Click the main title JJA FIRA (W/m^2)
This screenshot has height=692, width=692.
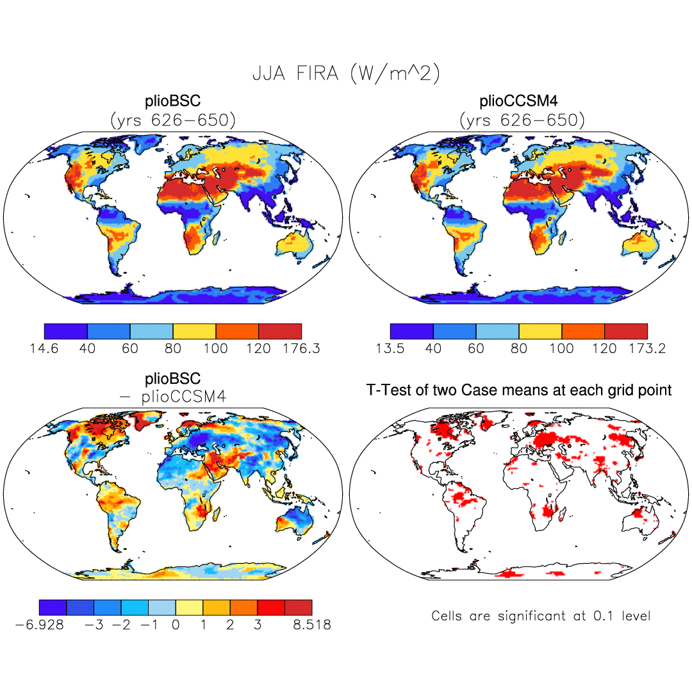tap(345, 74)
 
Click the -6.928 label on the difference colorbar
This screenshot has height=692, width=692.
tap(40, 625)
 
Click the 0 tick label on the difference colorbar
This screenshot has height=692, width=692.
tap(176, 625)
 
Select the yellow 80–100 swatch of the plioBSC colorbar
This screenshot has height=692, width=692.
tap(194, 331)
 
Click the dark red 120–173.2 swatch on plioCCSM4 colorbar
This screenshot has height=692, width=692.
tap(626, 331)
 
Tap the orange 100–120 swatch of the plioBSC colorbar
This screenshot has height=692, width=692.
tap(237, 331)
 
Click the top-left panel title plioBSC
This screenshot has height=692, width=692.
tap(173, 102)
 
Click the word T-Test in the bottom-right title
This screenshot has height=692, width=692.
tap(386, 390)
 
